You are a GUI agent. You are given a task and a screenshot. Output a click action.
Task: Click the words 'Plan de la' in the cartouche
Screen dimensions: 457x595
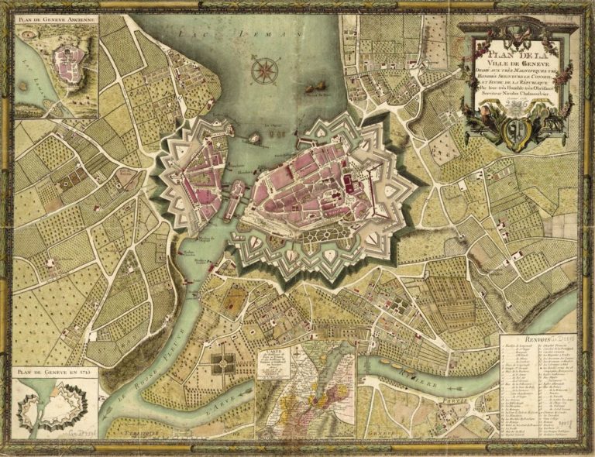(x=510, y=54)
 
